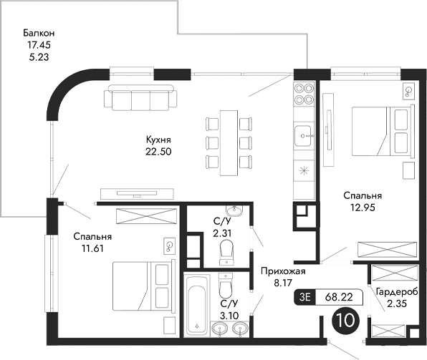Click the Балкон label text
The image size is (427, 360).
[x=39, y=33]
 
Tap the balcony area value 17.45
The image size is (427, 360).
[x=39, y=44]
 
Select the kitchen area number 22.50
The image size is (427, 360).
[x=158, y=151]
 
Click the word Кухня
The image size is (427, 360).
[x=158, y=140]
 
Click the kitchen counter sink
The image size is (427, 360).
[x=304, y=134]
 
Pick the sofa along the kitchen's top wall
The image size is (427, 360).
[x=140, y=97]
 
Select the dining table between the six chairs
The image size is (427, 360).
[x=229, y=141]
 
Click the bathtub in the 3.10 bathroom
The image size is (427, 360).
[x=197, y=303]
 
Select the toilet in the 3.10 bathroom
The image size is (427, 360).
[x=225, y=288]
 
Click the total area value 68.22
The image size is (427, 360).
[x=339, y=295]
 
